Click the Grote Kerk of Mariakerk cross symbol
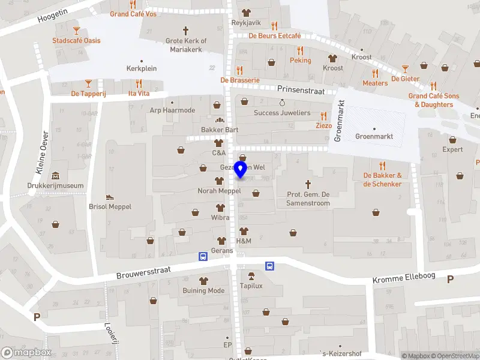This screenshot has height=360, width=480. tap(185, 30)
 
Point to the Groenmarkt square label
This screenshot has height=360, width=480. tap(374, 136)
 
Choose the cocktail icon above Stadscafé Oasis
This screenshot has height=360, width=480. tap(76, 30)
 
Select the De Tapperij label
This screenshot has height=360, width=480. tap(88, 93)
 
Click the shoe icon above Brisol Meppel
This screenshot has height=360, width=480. tap(110, 196)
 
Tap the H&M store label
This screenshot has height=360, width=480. tap(244, 241)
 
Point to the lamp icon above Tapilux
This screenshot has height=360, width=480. tap(251, 276)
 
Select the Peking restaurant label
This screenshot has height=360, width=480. tap(301, 61)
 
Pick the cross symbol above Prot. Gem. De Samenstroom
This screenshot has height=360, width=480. tap(309, 184)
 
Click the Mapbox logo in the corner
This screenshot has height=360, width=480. tap(26, 353)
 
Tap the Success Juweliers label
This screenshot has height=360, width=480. tap(282, 113)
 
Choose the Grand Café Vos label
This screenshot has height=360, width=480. tap(133, 14)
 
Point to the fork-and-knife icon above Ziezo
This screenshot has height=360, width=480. tap(324, 116)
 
